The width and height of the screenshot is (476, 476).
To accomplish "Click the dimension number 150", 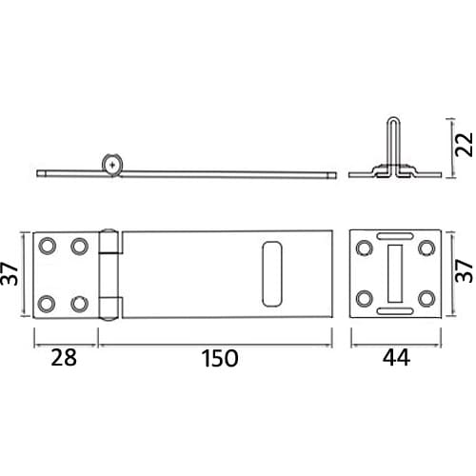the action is coord(220,358).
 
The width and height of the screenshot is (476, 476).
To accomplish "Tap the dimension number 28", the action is coord(64,357).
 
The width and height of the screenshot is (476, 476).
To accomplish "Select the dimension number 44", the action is coord(396,357).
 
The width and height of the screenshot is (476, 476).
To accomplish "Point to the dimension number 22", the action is coord(464,145).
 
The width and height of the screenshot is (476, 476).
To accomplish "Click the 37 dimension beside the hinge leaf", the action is coord(10,274).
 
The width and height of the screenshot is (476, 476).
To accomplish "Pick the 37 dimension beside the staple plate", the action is coord(464,270).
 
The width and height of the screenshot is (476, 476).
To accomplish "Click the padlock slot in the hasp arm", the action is coord(272,274).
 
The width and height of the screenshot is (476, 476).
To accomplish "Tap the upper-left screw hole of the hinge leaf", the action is coord(47,246).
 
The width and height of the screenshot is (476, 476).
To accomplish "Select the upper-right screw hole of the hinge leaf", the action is coord(79,247).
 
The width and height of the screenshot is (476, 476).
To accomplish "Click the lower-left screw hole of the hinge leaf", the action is coord(47,304).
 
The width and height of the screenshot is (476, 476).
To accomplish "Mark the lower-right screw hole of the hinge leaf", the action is coord(79,304).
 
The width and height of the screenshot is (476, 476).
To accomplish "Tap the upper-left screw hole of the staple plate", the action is coord(364,248).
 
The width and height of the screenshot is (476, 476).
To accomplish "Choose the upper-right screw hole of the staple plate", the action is coord(426,248).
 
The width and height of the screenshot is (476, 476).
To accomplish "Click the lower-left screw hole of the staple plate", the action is coord(364,299).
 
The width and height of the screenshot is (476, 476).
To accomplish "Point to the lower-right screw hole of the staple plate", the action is coord(426,299).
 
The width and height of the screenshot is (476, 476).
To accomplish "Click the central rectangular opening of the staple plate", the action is coord(395,273).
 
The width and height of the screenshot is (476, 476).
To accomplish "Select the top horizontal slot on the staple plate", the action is coord(395,236).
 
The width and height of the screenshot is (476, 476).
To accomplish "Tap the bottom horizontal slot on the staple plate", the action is coord(395,311).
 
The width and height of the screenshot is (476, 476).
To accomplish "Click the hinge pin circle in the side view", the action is coord(112,165).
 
